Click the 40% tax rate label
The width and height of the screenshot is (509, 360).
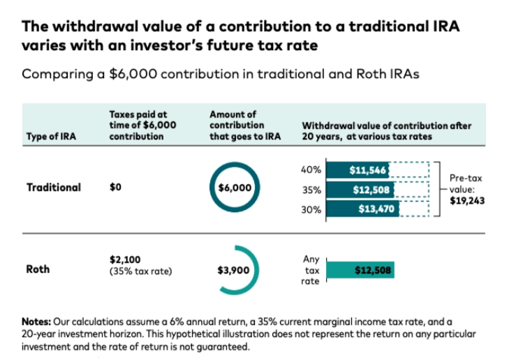point(311,170)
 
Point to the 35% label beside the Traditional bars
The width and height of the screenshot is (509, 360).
point(311,188)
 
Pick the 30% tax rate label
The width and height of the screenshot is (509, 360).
point(311,208)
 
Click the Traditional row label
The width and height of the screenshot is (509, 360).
point(54,187)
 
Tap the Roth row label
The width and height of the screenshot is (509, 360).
point(38,269)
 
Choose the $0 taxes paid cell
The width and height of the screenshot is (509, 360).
point(115,187)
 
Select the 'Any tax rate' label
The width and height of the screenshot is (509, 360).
point(311,269)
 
